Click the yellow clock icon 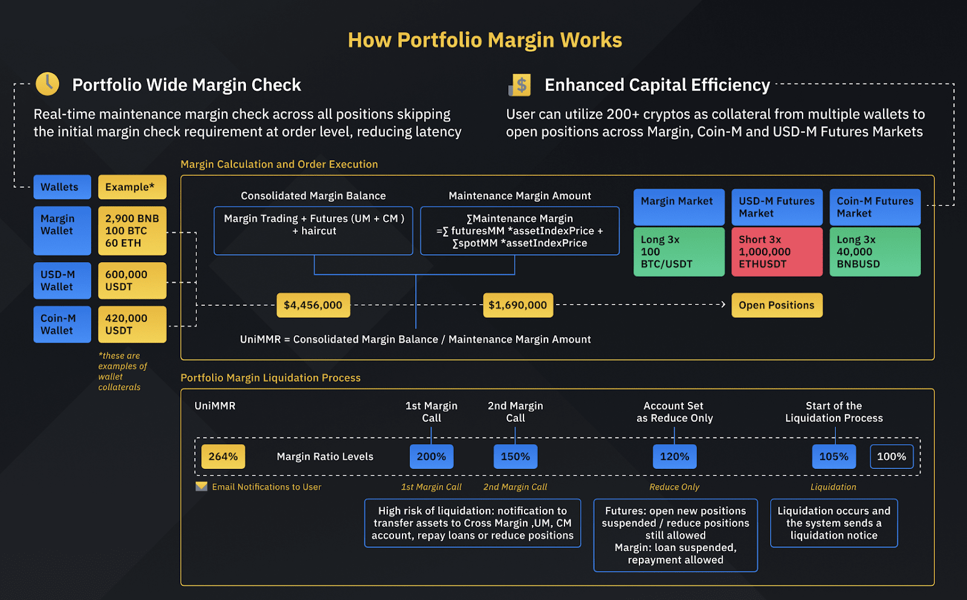point(47,84)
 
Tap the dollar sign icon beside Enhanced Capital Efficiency point(520,85)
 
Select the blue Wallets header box point(62,187)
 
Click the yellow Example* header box point(132,187)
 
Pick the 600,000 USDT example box point(132,280)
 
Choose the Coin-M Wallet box point(62,324)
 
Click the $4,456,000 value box point(313,305)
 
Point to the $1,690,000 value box point(518,305)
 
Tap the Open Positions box point(777,305)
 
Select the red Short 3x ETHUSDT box point(777,252)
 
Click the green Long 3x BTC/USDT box point(679,252)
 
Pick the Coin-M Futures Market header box point(875,207)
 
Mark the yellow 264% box point(223,457)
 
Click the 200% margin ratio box point(432,457)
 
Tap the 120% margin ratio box point(674,457)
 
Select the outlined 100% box point(891,457)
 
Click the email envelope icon point(201,486)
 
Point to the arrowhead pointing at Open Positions point(723,305)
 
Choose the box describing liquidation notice point(833,523)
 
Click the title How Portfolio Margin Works point(485,40)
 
